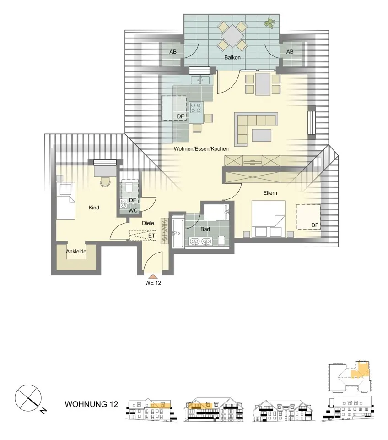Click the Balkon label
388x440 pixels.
232,58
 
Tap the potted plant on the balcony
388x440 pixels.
269,23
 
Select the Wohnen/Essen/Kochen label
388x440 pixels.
201,148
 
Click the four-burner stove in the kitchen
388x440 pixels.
196,108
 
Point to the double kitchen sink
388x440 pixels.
200,80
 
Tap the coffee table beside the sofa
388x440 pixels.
262,135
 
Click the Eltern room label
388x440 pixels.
270,193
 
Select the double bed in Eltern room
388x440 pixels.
268,219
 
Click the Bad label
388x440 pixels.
205,229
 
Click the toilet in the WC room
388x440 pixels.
129,187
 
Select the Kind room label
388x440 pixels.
93,208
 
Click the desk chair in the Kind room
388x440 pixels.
105,182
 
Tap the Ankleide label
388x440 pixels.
76,252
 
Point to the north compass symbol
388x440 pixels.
28,398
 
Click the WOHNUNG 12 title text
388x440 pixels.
92,404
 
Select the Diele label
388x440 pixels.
148,223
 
